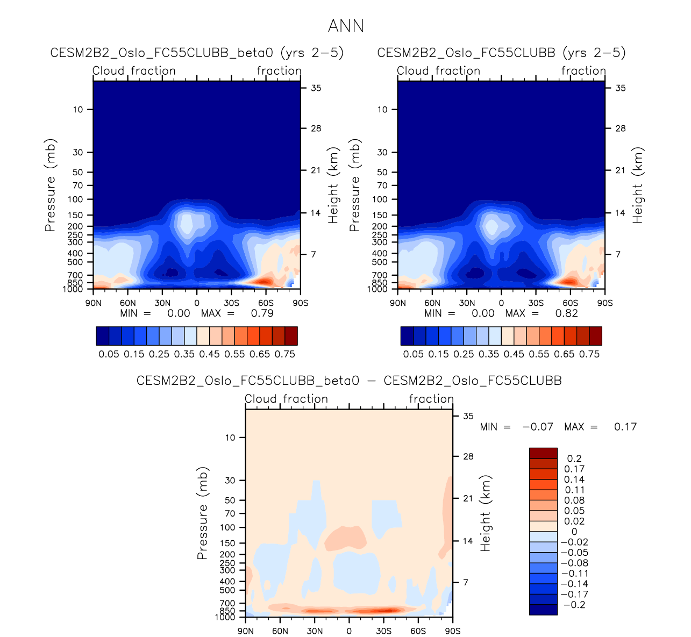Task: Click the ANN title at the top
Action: [x=346, y=26]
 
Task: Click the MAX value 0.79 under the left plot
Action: [x=262, y=313]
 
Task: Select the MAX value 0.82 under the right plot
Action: [x=566, y=313]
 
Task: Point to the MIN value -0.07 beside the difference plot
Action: [x=538, y=427]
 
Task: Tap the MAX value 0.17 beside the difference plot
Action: [x=625, y=427]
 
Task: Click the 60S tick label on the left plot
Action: [x=266, y=303]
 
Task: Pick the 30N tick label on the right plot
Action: [x=467, y=303]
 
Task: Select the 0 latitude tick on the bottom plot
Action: [x=349, y=631]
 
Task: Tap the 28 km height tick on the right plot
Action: [x=620, y=128]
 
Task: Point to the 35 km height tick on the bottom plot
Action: [x=468, y=416]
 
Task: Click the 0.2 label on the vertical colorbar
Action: [x=574, y=459]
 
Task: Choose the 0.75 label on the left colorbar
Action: [x=284, y=354]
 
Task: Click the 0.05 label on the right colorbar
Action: [x=413, y=354]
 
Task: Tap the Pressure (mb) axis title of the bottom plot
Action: [x=202, y=513]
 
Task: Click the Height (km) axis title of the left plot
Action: [x=333, y=185]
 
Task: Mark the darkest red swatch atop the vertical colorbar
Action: [x=543, y=453]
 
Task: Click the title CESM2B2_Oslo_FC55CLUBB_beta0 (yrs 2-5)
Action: [x=197, y=53]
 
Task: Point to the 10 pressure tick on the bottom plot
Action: [x=230, y=438]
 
